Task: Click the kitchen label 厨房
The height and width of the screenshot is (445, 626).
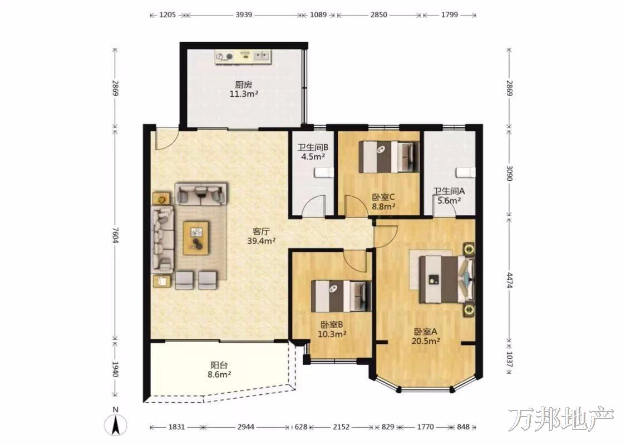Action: (243, 85)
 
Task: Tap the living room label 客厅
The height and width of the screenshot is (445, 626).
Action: (262, 231)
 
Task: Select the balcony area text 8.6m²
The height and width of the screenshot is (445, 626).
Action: (220, 374)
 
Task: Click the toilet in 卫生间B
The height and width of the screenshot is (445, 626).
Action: (323, 172)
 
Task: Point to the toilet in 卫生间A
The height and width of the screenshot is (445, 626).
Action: (465, 172)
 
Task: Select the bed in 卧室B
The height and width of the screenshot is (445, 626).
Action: (341, 296)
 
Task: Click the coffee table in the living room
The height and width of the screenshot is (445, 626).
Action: (196, 238)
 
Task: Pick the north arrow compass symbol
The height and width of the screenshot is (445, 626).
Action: (115, 424)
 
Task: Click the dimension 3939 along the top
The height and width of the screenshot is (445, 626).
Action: (244, 15)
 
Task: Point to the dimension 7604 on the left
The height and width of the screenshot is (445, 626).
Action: (115, 235)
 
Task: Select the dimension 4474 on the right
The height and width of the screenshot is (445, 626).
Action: (509, 280)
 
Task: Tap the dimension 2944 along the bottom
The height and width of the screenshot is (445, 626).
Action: (245, 427)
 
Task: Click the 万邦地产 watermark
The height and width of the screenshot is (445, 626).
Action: (561, 419)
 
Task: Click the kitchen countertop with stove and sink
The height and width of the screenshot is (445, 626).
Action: (243, 57)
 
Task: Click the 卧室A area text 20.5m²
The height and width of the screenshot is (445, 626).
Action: (426, 341)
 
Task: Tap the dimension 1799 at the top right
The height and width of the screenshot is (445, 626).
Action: (449, 15)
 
